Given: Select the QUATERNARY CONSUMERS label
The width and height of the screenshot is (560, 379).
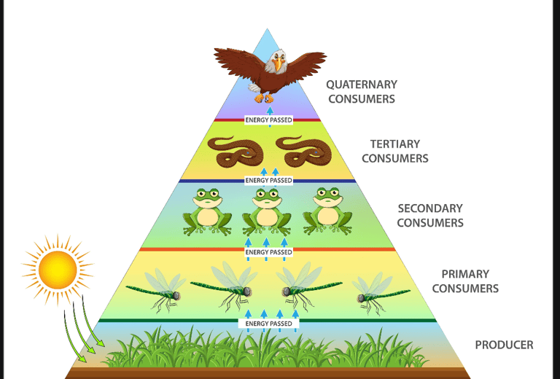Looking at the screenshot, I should [361, 91].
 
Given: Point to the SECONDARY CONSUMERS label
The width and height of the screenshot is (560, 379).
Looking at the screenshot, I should [429, 215].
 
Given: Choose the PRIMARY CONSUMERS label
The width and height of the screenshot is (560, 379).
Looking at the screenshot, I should [464, 281].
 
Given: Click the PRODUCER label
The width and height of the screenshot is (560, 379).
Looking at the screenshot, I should [504, 345].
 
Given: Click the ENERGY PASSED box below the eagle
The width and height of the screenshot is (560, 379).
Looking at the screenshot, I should [268, 120].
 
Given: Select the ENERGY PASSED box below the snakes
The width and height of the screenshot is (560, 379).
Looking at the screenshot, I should [268, 180].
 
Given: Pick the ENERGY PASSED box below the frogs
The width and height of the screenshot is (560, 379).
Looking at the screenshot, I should [268, 252].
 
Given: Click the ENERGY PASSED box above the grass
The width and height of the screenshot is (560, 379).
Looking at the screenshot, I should [268, 323].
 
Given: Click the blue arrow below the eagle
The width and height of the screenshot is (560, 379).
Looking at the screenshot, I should [268, 109].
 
